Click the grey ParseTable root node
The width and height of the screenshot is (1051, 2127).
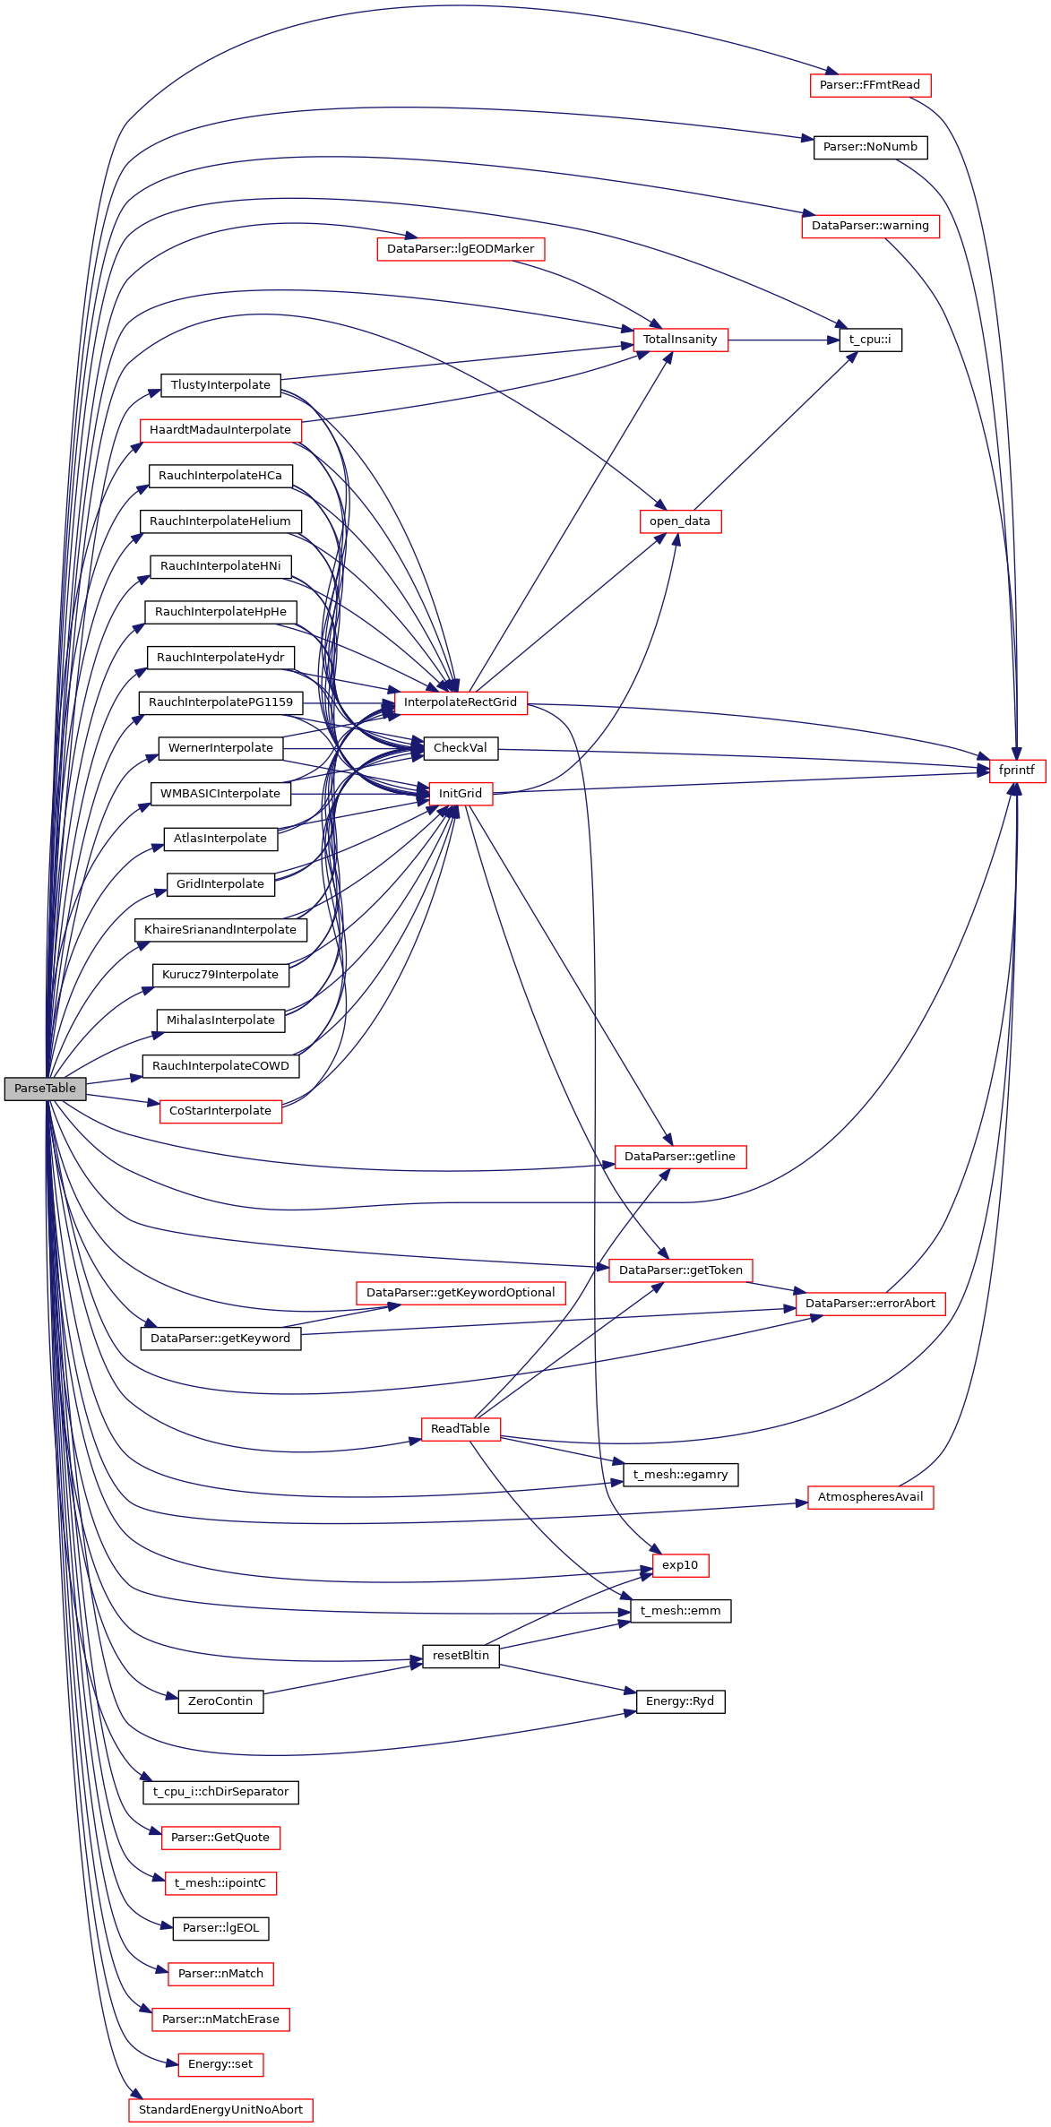pyautogui.click(x=45, y=1089)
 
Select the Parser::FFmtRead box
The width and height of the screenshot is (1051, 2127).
pyautogui.click(x=870, y=85)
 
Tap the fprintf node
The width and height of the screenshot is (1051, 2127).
pyautogui.click(x=1016, y=771)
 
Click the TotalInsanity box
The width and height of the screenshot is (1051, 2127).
pyautogui.click(x=680, y=340)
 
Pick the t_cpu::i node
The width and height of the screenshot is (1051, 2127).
pyautogui.click(x=870, y=340)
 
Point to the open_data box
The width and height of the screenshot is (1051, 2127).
pyautogui.click(x=680, y=521)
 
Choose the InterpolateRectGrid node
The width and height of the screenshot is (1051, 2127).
pyautogui.click(x=461, y=702)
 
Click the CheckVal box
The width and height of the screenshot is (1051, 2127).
pyautogui.click(x=461, y=748)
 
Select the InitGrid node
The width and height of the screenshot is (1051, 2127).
pyautogui.click(x=461, y=794)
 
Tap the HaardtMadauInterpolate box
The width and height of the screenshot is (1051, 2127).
pyautogui.click(x=220, y=430)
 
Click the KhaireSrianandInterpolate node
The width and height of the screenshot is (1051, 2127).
pyautogui.click(x=220, y=930)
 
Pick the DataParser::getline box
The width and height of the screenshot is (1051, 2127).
pyautogui.click(x=680, y=1157)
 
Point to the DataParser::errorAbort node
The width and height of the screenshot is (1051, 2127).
pyautogui.click(x=870, y=1304)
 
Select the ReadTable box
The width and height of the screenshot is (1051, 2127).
pyautogui.click(x=461, y=1429)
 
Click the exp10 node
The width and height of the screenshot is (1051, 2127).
pyautogui.click(x=680, y=1565)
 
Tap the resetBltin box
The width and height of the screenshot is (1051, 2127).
pyautogui.click(x=461, y=1656)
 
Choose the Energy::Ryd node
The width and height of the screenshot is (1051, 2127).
pyautogui.click(x=680, y=1701)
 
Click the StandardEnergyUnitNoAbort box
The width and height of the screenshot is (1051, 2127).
pyautogui.click(x=220, y=2110)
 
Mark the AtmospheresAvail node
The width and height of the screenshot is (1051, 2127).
pyautogui.click(x=870, y=1497)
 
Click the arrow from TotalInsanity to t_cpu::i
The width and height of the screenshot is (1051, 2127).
pyautogui.click(x=784, y=340)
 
